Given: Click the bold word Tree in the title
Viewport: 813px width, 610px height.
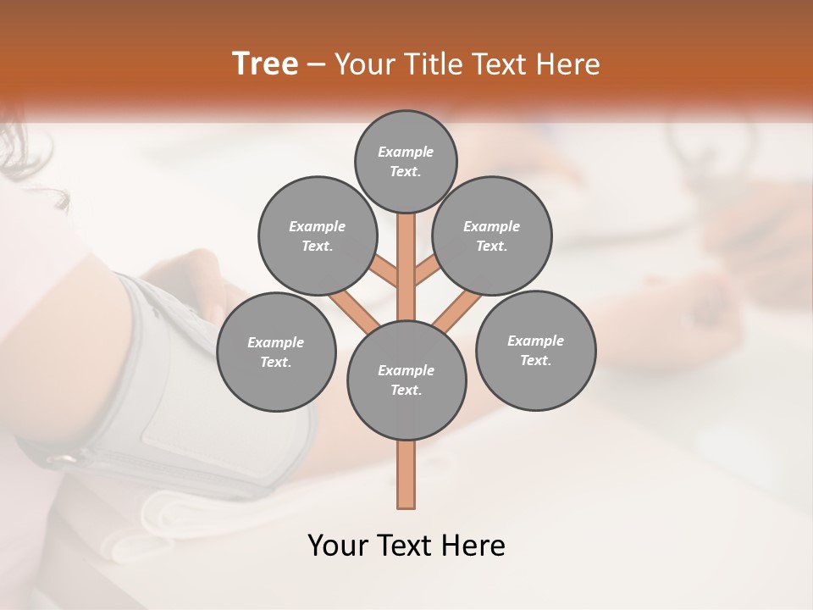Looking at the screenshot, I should click(x=265, y=64).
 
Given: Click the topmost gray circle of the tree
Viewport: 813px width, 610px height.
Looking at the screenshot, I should click(x=406, y=161).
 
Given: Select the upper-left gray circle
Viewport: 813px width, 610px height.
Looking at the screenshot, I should click(x=318, y=236).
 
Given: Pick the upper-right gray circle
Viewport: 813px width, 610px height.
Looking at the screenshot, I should click(x=492, y=236).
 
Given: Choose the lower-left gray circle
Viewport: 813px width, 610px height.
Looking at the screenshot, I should click(x=276, y=352).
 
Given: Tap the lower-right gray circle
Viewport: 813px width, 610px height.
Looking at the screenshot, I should click(x=535, y=350).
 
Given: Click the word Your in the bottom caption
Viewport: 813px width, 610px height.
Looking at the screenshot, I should click(x=338, y=546).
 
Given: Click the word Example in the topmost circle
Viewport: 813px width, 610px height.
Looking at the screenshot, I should click(x=406, y=152).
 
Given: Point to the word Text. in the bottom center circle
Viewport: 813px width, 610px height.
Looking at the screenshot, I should click(x=406, y=390).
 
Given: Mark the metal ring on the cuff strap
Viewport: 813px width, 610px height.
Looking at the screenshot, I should click(x=61, y=460).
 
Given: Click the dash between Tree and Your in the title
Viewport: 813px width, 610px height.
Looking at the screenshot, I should click(x=317, y=65).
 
